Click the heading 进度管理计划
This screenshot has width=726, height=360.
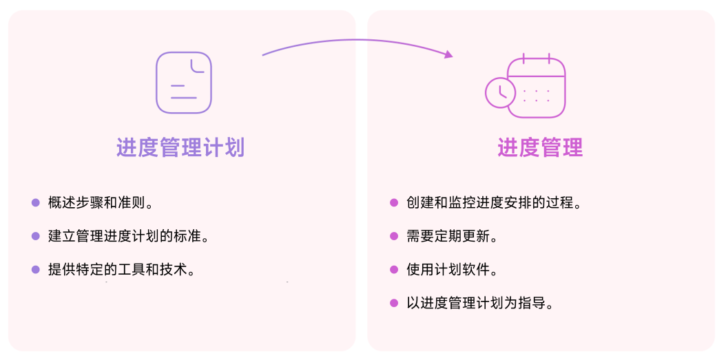pyautogui.click(x=180, y=147)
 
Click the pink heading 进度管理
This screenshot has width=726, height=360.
pyautogui.click(x=540, y=147)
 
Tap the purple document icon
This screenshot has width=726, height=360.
pyautogui.click(x=183, y=83)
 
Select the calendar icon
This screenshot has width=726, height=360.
pyautogui.click(x=536, y=87)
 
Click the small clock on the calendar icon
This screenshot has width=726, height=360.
pyautogui.click(x=500, y=93)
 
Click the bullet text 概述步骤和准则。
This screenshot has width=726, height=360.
pyautogui.click(x=101, y=203)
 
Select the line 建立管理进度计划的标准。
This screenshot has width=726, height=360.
pyautogui.click(x=128, y=236)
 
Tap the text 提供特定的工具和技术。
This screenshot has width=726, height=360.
pyautogui.click(x=121, y=269)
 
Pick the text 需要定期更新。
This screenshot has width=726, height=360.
pyautogui.click(x=452, y=236)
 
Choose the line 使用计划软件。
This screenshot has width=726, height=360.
pyautogui.click(x=452, y=269)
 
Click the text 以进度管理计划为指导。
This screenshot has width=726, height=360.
pyautogui.click(x=480, y=303)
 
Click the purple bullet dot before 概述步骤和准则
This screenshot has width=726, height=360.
pyautogui.click(x=36, y=203)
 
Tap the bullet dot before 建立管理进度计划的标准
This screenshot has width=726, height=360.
pyautogui.click(x=36, y=236)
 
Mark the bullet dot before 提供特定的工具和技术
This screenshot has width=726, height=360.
pyautogui.click(x=36, y=269)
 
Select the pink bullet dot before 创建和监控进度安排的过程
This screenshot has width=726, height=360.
pyautogui.click(x=394, y=203)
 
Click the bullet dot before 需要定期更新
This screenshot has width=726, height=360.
pyautogui.click(x=394, y=236)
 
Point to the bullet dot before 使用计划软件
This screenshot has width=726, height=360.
pyautogui.click(x=394, y=269)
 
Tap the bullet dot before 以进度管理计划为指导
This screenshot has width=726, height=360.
pyautogui.click(x=394, y=303)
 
